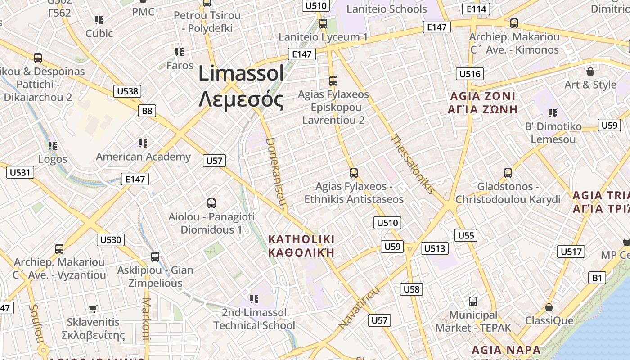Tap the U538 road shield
tap(127, 91)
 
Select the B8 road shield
tap(147, 111)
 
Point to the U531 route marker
tap(20, 172)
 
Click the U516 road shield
tap(469, 74)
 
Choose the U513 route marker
tap(434, 248)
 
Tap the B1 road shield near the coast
tap(597, 278)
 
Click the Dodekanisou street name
tap(275, 172)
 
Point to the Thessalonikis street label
tap(413, 164)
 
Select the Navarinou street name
tap(358, 308)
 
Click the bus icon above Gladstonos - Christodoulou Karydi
tap(508, 173)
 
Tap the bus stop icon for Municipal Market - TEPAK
tap(473, 301)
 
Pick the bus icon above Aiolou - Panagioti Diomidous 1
tap(211, 203)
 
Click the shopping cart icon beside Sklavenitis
tap(93, 309)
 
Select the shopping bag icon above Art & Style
tap(590, 72)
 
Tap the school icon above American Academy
tap(143, 144)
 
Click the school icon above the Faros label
tap(180, 52)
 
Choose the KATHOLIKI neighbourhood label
tap(301, 238)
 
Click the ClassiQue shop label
tap(549, 320)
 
